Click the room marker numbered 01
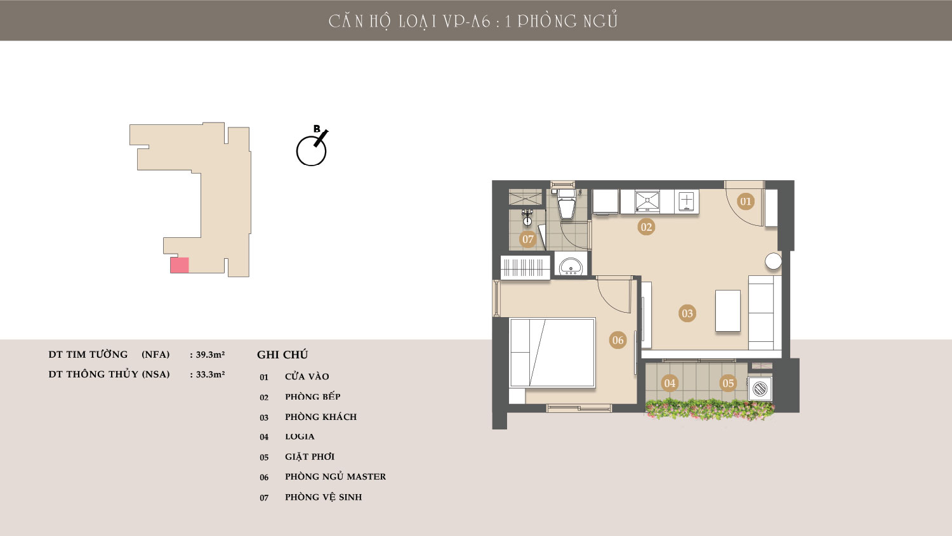point(746,201)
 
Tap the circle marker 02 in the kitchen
point(646,227)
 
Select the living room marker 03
point(687,313)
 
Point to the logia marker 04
point(670,383)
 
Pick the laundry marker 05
point(728,383)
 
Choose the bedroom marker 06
point(618,340)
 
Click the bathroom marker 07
point(528,239)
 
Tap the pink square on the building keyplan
point(180,265)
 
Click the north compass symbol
point(312,147)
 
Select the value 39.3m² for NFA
point(210,354)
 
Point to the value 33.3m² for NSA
point(210,374)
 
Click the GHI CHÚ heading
point(282,355)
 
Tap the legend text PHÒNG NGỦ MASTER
point(335,476)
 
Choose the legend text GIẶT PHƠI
point(310,457)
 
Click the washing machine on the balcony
point(760,388)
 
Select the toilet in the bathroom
point(566,204)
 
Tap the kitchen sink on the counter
point(647,200)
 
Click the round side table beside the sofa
point(773,261)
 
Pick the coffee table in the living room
point(727,310)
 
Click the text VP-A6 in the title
point(466,21)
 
